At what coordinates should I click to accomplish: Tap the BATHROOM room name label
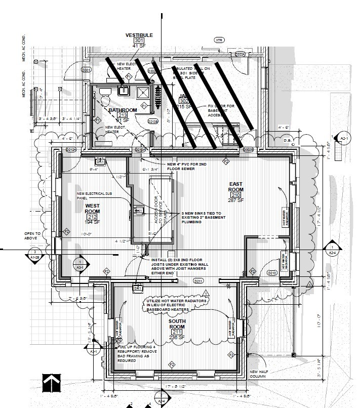click(123, 110)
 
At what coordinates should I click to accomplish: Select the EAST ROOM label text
click(236, 186)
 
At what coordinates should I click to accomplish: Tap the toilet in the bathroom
click(105, 93)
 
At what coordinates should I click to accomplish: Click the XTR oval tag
click(219, 40)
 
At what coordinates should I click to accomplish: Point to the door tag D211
click(198, 281)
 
